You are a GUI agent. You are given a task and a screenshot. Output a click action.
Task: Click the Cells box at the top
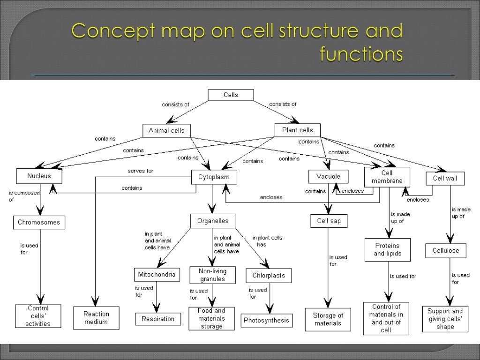point(231,95)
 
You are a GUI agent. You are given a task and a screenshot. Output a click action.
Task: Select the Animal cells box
point(166,131)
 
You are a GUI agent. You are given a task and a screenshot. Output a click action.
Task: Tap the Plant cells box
point(297,130)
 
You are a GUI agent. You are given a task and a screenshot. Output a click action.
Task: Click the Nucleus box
point(39,176)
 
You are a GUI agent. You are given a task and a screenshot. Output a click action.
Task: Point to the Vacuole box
point(328,177)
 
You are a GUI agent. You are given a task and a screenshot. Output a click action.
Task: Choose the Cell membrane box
point(387,177)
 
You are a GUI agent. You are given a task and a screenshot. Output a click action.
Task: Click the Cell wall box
point(445,179)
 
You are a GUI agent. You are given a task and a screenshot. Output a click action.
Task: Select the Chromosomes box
point(39,222)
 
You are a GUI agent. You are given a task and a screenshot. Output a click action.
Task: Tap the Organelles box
point(213,220)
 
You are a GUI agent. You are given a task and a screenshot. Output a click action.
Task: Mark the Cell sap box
point(329,221)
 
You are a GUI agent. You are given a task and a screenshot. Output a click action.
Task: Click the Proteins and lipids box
point(387,250)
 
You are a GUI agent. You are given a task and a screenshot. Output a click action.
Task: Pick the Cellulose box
point(445,250)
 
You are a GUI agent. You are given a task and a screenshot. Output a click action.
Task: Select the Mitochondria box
point(157,274)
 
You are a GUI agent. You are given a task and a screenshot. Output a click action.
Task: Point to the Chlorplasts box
point(269,276)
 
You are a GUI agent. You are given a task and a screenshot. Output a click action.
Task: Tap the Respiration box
point(158,319)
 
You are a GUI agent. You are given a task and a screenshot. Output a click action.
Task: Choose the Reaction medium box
point(96,318)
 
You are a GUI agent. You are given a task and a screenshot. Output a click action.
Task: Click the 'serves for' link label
point(141,171)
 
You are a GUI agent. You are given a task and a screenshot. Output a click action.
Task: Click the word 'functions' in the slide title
point(361,54)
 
